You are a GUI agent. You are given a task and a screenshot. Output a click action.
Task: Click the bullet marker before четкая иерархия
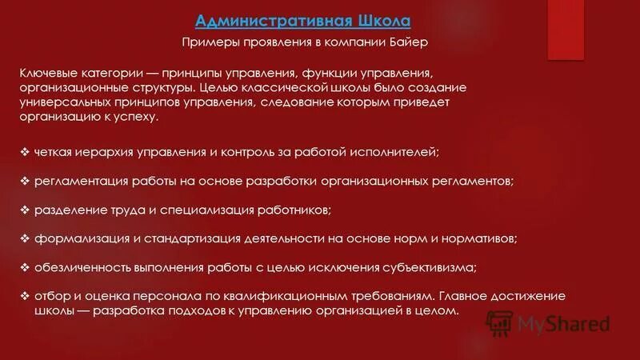coord(25,150)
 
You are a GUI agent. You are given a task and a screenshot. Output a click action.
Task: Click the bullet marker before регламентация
coord(25,180)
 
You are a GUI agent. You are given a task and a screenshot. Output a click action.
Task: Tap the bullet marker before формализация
coord(25,238)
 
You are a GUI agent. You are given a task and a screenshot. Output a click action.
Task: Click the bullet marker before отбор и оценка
coord(25,296)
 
